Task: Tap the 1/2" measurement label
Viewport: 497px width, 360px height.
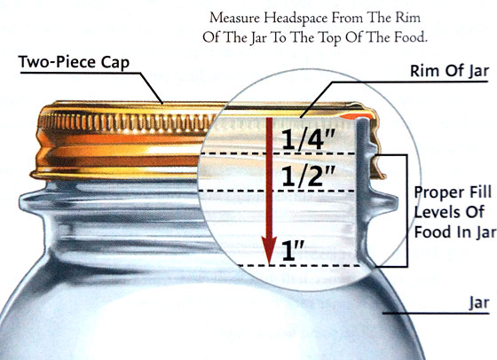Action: pos(308,176)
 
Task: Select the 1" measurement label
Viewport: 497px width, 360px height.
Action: pos(293,250)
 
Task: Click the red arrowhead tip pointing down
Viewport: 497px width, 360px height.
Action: pos(269,263)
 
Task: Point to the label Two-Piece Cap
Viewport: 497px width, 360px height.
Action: pos(74,62)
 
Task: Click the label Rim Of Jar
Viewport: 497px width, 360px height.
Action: pos(449,71)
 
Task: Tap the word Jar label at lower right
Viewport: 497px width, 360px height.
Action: pos(479,303)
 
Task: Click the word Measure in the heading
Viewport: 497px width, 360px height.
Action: pos(234,18)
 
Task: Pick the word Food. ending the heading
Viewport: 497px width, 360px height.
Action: pos(411,37)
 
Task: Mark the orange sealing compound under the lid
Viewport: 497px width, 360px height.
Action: pos(356,116)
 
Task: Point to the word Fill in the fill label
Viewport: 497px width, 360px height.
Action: pos(477,192)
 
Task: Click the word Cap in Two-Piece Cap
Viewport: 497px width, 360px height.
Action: pos(115,62)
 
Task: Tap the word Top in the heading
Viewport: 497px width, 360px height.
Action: pos(329,38)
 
